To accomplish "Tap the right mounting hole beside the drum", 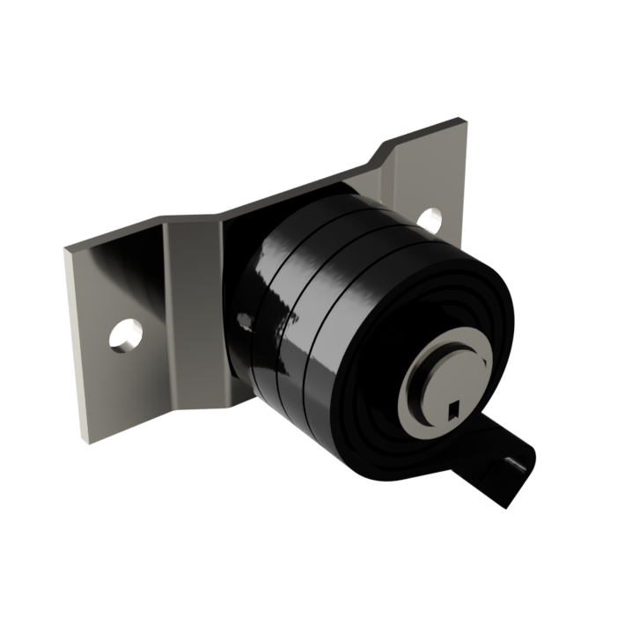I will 431,220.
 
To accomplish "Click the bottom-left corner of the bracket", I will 85,439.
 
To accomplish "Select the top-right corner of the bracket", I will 465,123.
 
